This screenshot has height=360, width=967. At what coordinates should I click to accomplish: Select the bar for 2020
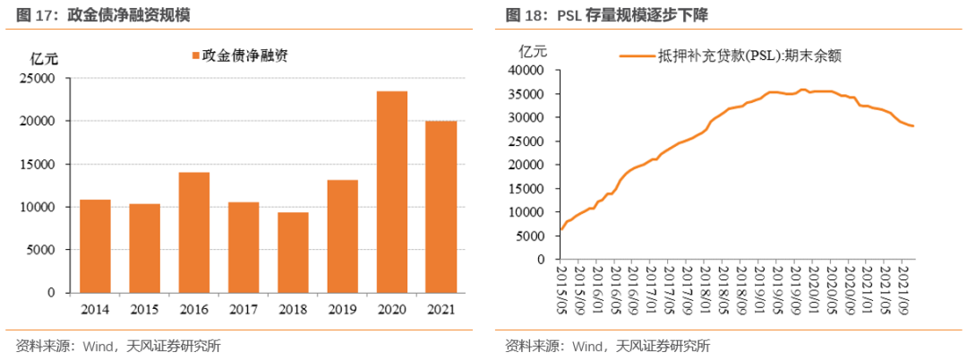point(391,192)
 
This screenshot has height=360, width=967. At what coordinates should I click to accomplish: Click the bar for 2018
point(292,253)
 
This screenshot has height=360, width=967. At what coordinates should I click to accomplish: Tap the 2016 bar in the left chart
point(193,232)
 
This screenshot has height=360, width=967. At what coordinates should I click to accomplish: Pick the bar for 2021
point(441,207)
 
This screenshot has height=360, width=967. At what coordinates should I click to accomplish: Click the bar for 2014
point(95,246)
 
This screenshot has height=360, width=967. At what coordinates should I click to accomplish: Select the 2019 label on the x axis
point(342,309)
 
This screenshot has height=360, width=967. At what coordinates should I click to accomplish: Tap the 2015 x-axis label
point(144,309)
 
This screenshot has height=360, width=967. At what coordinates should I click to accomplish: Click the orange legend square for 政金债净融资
point(194,56)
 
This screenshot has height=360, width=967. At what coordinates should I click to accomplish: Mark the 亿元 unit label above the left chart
point(44,59)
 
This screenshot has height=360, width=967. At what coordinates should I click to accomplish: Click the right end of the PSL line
point(912,125)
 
